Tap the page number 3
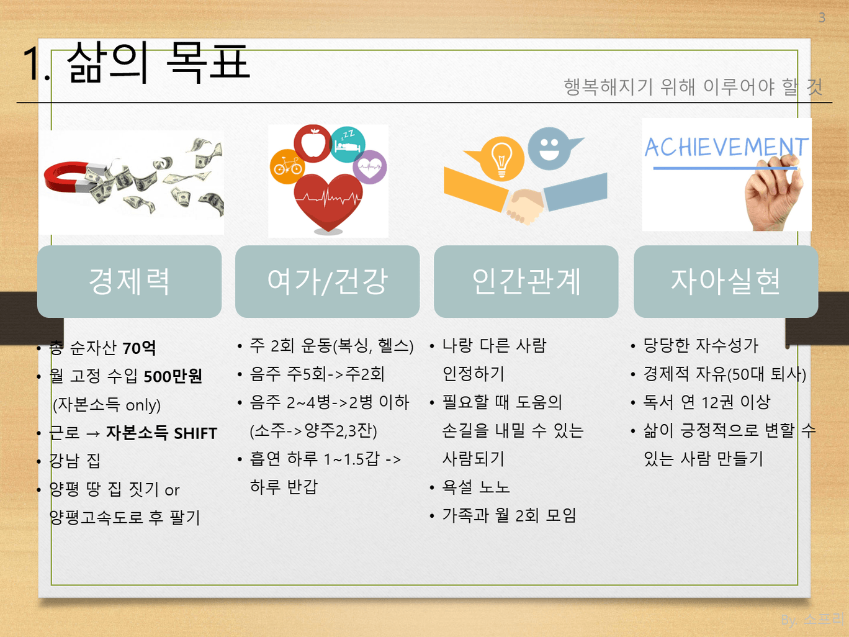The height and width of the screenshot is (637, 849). tap(822, 18)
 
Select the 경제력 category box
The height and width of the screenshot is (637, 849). tap(129, 282)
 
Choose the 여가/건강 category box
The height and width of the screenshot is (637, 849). tap(327, 282)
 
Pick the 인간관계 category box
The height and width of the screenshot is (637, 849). tap(526, 282)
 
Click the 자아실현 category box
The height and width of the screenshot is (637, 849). tap(725, 282)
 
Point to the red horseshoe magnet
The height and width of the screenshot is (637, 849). tap(73, 178)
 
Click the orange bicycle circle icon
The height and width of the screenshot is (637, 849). tap(287, 166)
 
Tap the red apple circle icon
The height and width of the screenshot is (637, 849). tap(313, 143)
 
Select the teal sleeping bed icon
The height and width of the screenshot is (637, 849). tap(348, 145)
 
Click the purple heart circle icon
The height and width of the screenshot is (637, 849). tap(370, 167)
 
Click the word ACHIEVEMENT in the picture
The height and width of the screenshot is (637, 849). tap(726, 147)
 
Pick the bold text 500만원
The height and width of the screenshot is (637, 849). tap(173, 376)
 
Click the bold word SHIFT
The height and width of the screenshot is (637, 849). tap(195, 433)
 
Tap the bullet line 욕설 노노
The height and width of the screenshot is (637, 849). tap(476, 487)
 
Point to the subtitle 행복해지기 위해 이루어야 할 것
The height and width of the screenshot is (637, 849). tap(693, 87)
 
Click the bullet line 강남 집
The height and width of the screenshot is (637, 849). tap(75, 461)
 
